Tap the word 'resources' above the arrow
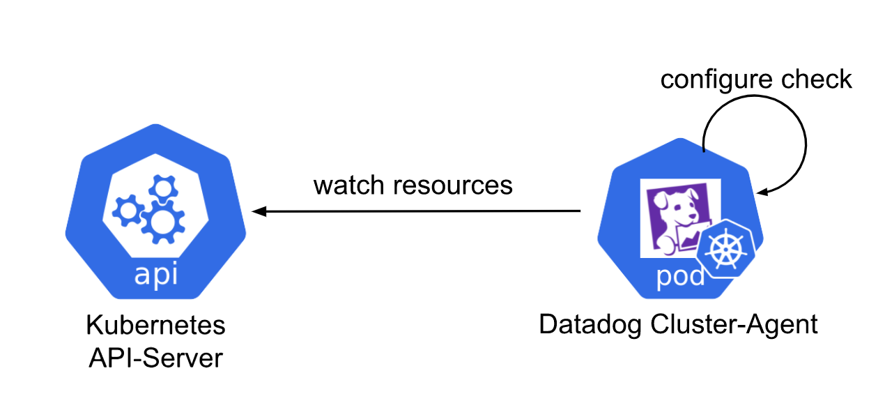pos(453,185)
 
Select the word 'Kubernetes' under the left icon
pos(155,325)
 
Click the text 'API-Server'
pos(155,358)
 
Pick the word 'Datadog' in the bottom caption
pos(590,325)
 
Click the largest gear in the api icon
pos(162,221)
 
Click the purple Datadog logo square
pos(669,216)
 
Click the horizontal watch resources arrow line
pos(418,211)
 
